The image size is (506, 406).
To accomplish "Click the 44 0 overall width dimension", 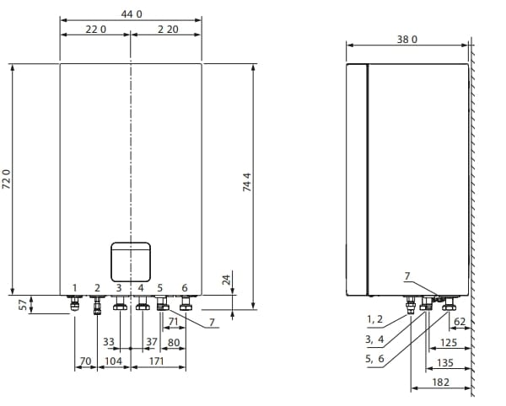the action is [132, 14].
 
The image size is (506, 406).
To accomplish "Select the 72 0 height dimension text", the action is [7, 179].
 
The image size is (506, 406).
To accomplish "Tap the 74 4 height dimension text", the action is [247, 182].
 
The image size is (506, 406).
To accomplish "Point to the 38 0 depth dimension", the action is [407, 40].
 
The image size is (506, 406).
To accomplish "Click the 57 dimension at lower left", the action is [23, 305].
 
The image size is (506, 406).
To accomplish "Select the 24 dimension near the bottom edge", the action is [227, 280].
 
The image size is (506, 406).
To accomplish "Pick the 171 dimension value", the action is [157, 361].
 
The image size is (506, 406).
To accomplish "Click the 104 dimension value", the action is [113, 361].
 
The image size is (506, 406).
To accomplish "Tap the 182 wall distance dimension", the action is [441, 382].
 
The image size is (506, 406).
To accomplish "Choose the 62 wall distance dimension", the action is [460, 322].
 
